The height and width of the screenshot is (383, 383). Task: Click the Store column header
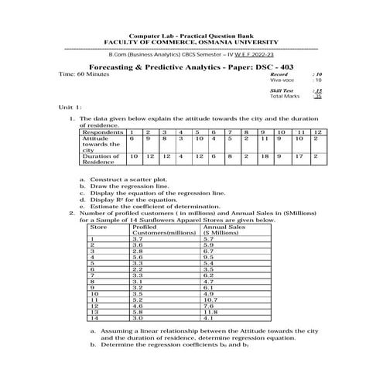pyautogui.click(x=98, y=227)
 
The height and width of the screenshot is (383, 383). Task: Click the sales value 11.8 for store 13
pyautogui.click(x=211, y=311)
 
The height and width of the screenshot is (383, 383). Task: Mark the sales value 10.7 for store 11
pyautogui.click(x=210, y=299)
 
